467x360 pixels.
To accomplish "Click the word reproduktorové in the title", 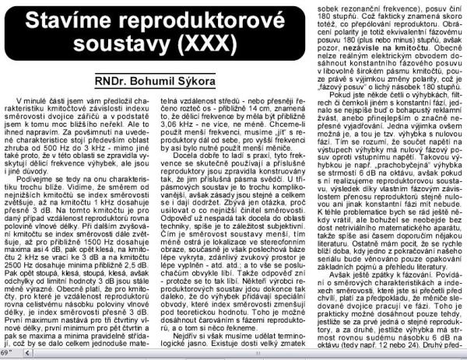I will (192, 17).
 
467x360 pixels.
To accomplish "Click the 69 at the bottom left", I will (5, 354).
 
